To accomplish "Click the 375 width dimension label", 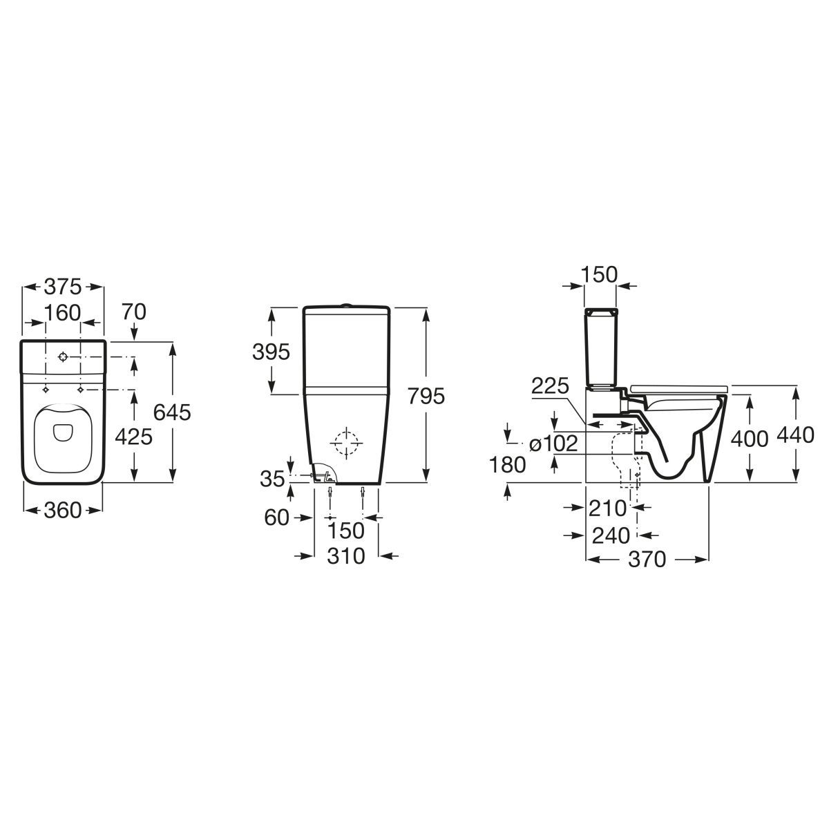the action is [63, 287].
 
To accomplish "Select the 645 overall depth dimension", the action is [172, 412].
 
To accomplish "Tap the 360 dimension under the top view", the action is [63, 511].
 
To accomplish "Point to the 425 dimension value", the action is [134, 437].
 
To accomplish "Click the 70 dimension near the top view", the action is [134, 312].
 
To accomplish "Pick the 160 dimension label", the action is [63, 313].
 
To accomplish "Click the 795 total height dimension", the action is [426, 396].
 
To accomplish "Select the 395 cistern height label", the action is [271, 352].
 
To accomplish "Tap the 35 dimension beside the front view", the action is [272, 479].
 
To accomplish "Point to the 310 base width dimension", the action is [346, 556].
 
